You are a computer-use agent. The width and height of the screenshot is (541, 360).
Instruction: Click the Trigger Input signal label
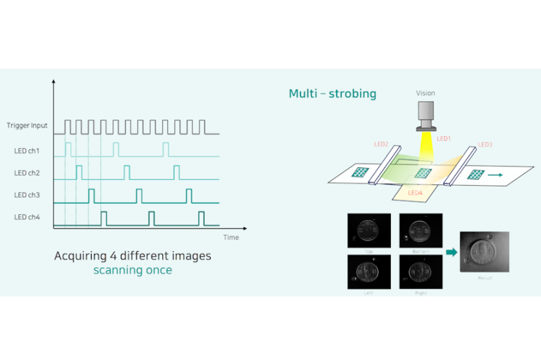(27, 126)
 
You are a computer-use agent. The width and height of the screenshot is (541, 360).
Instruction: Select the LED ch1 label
(27, 151)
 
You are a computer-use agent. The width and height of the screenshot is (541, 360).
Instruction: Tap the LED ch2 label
(27, 173)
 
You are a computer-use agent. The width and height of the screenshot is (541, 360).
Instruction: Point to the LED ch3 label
(27, 195)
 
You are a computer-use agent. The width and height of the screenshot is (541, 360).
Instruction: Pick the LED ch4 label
(27, 217)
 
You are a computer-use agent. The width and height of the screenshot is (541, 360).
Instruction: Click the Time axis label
(231, 237)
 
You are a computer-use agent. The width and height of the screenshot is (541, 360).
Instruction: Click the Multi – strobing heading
(332, 94)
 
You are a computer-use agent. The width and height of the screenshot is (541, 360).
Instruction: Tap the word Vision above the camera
(426, 93)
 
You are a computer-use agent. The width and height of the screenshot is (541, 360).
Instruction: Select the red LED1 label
(443, 139)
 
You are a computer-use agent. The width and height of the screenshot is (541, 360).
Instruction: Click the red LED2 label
(381, 144)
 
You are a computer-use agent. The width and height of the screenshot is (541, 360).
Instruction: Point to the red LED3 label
(485, 144)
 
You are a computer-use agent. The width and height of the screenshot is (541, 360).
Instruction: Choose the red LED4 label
(416, 192)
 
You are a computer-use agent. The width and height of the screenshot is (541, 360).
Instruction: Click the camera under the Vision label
(426, 115)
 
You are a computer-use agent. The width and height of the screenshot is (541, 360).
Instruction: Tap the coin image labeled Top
(369, 231)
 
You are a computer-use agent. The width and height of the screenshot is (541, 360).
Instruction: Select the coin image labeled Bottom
(421, 231)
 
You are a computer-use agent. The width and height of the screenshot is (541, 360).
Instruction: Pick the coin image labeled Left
(369, 271)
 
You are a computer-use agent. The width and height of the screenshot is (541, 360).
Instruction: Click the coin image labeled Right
(421, 271)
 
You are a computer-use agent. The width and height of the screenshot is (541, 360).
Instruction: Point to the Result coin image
(484, 253)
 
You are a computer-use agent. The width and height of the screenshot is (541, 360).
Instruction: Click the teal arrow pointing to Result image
(451, 251)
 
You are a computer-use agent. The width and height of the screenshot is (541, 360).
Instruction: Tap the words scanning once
(132, 270)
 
